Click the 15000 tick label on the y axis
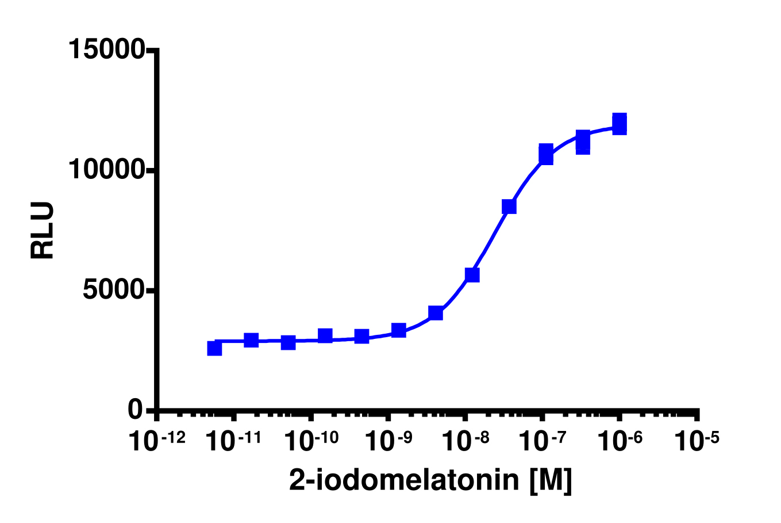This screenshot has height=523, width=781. point(106,49)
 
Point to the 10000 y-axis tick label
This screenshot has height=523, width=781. point(106,170)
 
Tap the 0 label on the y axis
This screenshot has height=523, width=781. point(136,410)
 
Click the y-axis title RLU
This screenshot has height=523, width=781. point(43,230)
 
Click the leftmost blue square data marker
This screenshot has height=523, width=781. point(214,348)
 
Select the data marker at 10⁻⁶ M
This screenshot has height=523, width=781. point(620,124)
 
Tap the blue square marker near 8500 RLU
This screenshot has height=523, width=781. point(509,207)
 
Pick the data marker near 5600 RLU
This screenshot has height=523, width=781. point(472,274)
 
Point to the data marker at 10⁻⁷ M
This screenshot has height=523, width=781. point(546,154)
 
